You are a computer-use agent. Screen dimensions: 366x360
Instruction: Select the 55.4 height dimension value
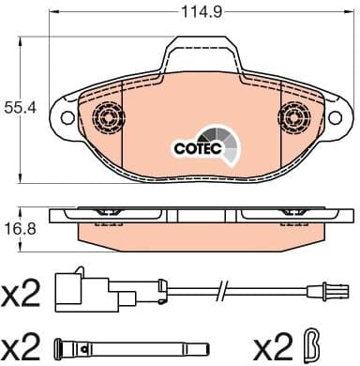click(x=17, y=109)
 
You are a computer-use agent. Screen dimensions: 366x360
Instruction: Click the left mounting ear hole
click(x=67, y=119)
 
